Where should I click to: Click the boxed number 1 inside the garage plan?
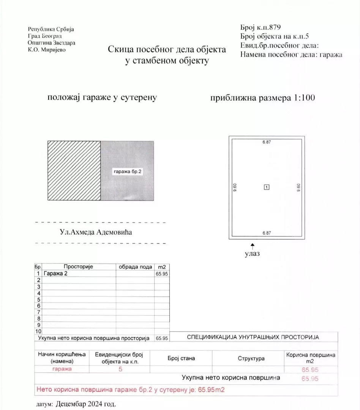click(x=267, y=187)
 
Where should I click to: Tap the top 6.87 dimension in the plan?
click(x=267, y=142)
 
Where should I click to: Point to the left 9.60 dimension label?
click(x=235, y=187)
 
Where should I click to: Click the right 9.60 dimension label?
click(x=298, y=187)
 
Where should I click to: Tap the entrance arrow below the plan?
click(x=253, y=246)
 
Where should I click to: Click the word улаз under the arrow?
click(x=253, y=254)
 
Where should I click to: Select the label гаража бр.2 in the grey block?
click(x=128, y=172)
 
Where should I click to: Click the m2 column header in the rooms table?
click(x=162, y=267)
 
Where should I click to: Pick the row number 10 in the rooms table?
click(x=38, y=331)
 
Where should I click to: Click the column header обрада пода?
click(x=135, y=267)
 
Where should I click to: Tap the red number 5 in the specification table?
click(x=120, y=369)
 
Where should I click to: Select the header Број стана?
click(x=181, y=358)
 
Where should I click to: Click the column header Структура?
click(x=251, y=358)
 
